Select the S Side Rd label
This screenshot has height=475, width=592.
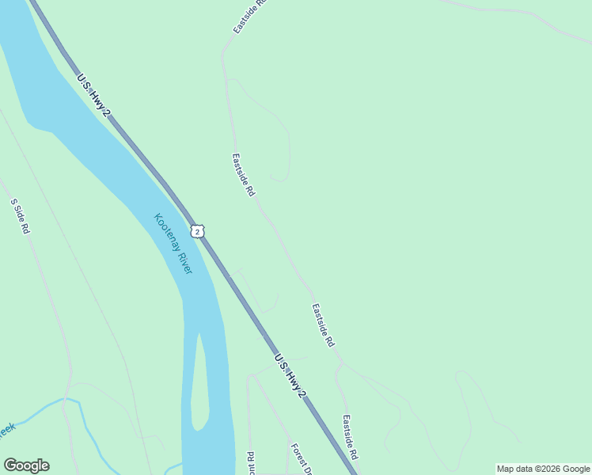(20, 216)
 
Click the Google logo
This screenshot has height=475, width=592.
(26, 465)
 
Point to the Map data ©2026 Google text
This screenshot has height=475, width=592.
(543, 469)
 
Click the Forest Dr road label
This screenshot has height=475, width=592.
(299, 458)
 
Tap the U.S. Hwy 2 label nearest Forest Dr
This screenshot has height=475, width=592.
(290, 375)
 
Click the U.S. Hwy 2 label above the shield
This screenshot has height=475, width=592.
(93, 97)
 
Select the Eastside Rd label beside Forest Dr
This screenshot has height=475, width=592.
(351, 438)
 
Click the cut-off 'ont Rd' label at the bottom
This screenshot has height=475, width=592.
(250, 462)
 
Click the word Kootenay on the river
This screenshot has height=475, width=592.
(165, 231)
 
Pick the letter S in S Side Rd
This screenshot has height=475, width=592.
(13, 202)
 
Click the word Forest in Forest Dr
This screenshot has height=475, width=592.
(297, 454)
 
